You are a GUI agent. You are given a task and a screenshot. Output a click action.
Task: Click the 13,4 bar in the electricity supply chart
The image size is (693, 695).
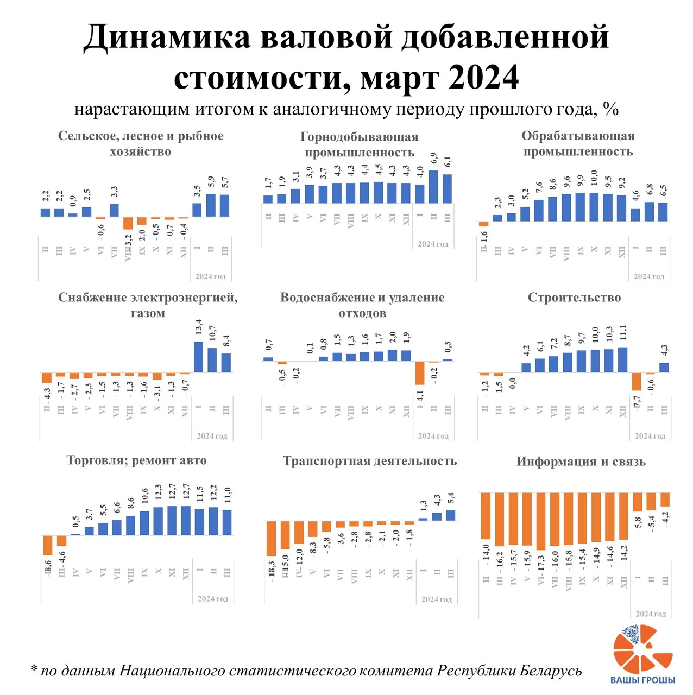tap(199, 357)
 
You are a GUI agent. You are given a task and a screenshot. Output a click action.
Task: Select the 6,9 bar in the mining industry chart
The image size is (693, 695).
tap(433, 187)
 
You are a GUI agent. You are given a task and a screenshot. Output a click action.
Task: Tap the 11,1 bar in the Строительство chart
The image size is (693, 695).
tap(622, 359)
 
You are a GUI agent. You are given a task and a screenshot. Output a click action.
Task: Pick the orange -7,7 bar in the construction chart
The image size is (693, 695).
tap(637, 382)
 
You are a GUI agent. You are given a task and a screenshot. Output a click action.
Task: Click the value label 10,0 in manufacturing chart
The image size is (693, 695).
tap(594, 178)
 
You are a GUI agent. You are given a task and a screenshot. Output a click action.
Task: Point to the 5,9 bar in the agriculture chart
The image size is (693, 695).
tap(211, 205)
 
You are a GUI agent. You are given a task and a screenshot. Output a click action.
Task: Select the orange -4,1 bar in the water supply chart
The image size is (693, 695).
tap(420, 373)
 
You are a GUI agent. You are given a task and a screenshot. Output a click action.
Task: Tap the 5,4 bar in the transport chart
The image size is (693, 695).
tap(451, 515)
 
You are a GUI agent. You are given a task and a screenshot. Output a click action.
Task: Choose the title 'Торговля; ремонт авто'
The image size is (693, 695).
tap(136, 460)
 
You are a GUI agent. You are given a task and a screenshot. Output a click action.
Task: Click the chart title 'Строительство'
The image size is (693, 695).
tap(574, 298)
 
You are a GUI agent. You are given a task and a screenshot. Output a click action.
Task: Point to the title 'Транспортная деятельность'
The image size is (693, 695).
tap(370, 461)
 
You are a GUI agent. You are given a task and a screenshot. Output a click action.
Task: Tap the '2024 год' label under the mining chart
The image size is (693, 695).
tap(433, 244)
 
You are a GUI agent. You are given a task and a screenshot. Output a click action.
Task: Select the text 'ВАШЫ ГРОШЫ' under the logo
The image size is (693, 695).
tap(643, 680)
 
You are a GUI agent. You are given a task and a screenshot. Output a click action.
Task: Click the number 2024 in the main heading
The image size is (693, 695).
tap(483, 77)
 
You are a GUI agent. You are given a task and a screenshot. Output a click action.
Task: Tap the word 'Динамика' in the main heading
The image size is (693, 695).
tap(167, 38)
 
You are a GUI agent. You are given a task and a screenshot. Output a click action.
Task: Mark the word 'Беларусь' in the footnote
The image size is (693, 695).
tap(550, 671)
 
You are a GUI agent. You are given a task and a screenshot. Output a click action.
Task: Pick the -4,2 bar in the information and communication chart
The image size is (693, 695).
tap(665, 499)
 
